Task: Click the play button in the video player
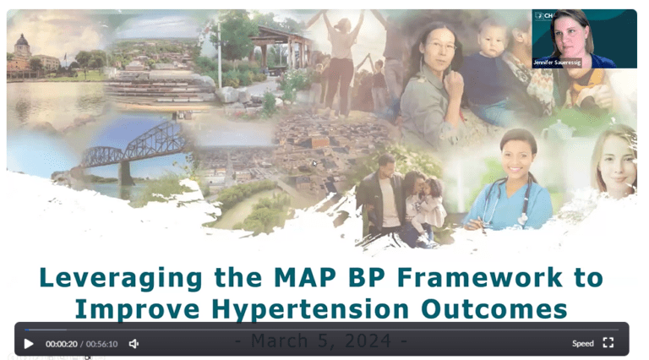point(29,344)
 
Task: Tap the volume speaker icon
point(134,344)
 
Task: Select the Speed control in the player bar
point(582,344)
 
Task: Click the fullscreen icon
point(608,343)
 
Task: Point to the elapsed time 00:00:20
point(61,344)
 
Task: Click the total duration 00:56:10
point(101,344)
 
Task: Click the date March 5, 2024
point(321,341)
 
